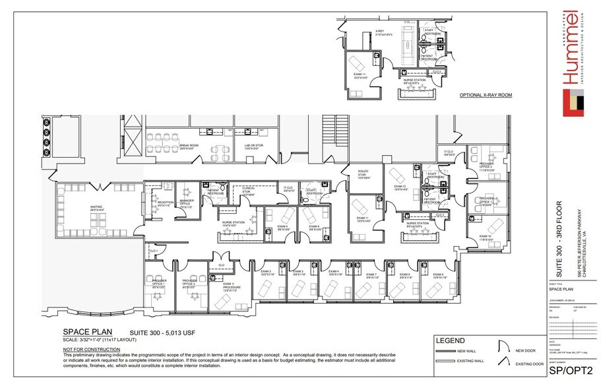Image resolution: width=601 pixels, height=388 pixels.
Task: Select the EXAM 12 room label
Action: tap(401, 187)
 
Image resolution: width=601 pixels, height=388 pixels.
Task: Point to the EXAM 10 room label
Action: tap(486, 237)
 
